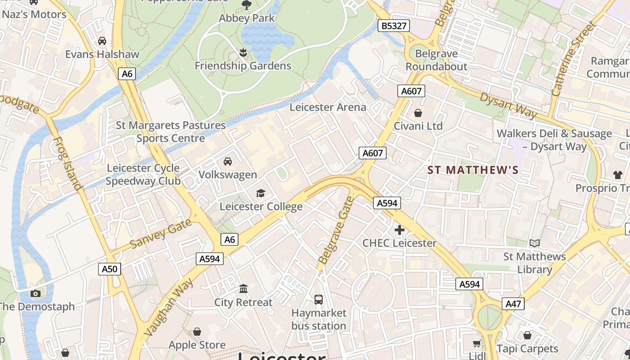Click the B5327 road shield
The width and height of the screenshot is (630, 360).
(394, 26)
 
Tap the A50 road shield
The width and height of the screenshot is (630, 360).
(109, 269)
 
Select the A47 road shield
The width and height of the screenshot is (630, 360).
(513, 304)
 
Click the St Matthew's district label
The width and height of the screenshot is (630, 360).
(473, 170)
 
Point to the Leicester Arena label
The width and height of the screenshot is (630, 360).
(328, 107)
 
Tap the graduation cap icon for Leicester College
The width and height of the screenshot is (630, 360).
(261, 193)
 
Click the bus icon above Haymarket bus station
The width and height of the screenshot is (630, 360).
(319, 299)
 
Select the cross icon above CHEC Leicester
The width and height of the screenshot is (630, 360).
(399, 230)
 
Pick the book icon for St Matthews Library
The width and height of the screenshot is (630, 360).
(534, 243)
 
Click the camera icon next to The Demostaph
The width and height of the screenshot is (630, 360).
(36, 294)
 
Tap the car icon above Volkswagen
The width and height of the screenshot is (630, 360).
(228, 161)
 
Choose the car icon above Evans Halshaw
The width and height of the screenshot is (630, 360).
(102, 41)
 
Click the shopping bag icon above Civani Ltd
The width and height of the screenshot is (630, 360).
(418, 112)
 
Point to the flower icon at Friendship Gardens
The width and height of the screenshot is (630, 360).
(243, 53)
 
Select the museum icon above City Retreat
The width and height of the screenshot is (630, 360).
(243, 288)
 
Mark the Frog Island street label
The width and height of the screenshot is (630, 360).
(68, 163)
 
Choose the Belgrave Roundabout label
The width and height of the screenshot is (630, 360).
(436, 60)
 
